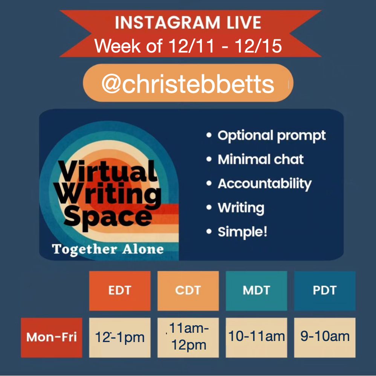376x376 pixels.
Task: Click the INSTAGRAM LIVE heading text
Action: (x=188, y=23)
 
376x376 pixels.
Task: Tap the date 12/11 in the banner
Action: (x=191, y=45)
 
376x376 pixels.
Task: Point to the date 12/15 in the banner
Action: (x=258, y=45)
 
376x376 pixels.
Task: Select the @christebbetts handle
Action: (x=188, y=84)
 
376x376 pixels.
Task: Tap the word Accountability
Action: (x=264, y=184)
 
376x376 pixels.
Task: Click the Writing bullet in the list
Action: (x=241, y=208)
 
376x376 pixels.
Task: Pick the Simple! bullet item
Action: (x=242, y=232)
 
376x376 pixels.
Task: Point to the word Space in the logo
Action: (x=108, y=218)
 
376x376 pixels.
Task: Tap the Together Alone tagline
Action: (x=108, y=249)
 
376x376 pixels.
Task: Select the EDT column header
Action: (x=120, y=291)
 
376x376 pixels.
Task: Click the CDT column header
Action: (x=188, y=291)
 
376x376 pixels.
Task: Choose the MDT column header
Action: (x=256, y=291)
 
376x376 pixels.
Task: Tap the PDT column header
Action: (x=325, y=291)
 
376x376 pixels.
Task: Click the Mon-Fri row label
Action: (x=51, y=337)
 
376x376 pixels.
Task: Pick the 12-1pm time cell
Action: (x=120, y=337)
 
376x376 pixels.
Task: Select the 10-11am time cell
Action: (x=256, y=337)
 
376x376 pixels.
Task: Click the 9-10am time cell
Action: (x=325, y=337)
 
